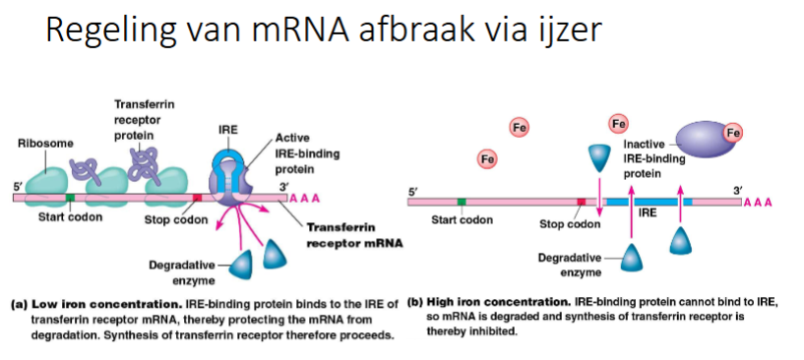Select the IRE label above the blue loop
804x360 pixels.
[x=227, y=129]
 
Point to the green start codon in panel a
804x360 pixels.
[x=70, y=198]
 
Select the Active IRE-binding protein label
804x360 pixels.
[x=295, y=152]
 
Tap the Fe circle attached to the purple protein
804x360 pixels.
[x=732, y=133]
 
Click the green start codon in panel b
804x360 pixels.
[x=462, y=202]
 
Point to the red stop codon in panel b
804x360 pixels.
[x=581, y=202]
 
